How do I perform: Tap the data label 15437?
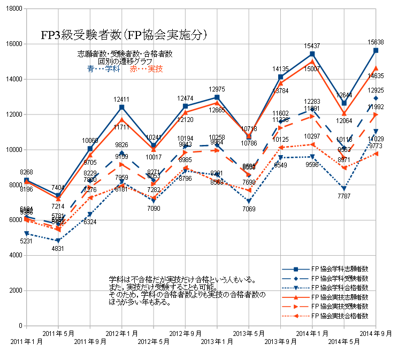pos(312,46)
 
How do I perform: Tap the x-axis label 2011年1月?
pos(26,341)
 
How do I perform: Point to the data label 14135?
pos(280,69)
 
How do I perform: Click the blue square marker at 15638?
pos(376,50)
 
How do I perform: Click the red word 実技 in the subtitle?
pos(155,69)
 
